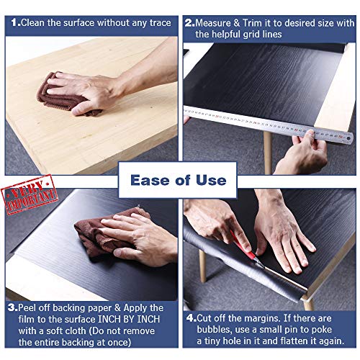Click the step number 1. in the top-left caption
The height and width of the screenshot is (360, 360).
14,22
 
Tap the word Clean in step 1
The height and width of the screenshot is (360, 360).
34,22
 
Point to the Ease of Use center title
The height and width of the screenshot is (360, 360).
179,180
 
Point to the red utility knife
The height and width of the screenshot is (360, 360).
246,256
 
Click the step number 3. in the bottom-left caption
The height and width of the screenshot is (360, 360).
11,307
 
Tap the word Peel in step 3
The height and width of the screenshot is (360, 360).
30,307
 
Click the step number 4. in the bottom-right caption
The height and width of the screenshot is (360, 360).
191,318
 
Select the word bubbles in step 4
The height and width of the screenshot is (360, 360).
204,329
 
